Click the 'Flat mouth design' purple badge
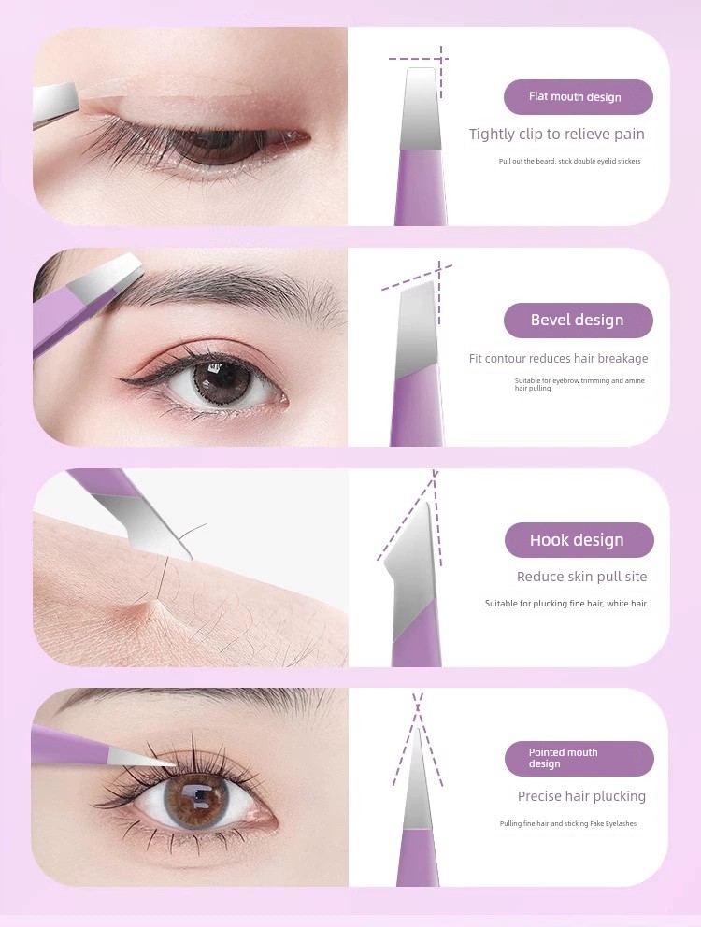(x=578, y=97)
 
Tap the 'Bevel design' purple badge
(x=578, y=320)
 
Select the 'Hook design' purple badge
(x=579, y=540)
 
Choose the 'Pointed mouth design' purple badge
(x=579, y=759)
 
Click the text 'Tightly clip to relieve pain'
(x=557, y=135)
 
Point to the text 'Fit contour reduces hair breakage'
(x=558, y=358)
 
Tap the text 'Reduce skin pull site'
(x=581, y=577)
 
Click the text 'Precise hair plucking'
(x=581, y=796)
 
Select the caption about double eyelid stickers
(x=569, y=161)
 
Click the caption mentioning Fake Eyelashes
(x=568, y=823)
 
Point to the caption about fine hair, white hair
(x=565, y=604)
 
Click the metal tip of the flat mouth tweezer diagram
(x=422, y=109)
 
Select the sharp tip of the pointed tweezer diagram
(x=418, y=732)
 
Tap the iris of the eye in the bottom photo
(x=196, y=799)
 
